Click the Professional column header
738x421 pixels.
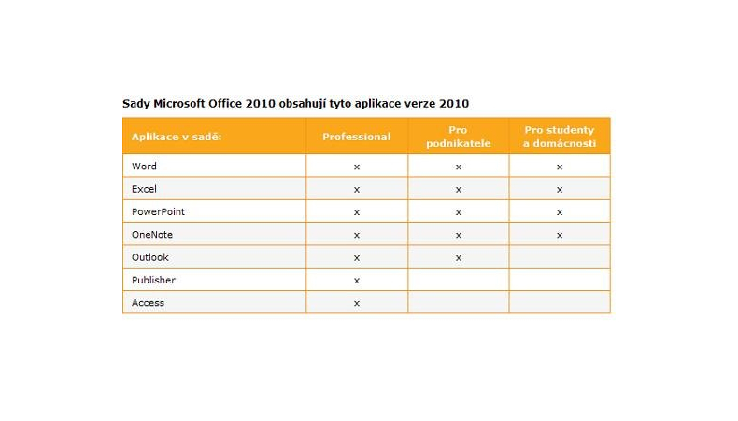click(356, 137)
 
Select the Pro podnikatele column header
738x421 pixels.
click(458, 137)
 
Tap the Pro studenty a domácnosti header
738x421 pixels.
click(559, 137)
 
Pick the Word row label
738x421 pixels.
click(144, 167)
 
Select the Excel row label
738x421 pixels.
click(144, 189)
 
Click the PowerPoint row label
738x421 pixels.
click(158, 212)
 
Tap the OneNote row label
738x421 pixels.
click(152, 235)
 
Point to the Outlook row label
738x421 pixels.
click(150, 257)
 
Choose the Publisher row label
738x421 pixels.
click(153, 281)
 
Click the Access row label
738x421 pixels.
click(148, 303)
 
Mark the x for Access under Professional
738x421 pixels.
click(357, 304)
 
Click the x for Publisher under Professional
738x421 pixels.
click(357, 281)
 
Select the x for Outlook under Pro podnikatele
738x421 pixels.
click(458, 258)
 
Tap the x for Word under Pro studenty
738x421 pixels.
click(560, 167)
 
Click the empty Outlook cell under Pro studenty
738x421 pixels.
click(560, 257)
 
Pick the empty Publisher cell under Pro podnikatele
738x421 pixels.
click(458, 280)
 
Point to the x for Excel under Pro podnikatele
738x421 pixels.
click(458, 190)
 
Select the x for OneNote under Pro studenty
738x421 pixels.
click(560, 236)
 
